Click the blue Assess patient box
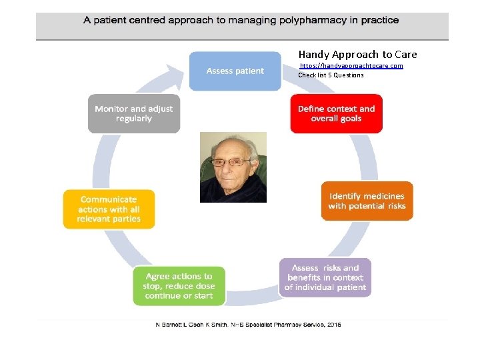pyautogui.click(x=235, y=71)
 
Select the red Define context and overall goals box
pyautogui.click(x=336, y=114)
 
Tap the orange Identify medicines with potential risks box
pyautogui.click(x=367, y=201)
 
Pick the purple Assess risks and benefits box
pyautogui.click(x=325, y=277)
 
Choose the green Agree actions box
pyautogui.click(x=179, y=285)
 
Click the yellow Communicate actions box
pyautogui.click(x=109, y=209)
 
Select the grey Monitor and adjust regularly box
pyautogui.click(x=133, y=113)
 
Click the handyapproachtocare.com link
pyautogui.click(x=351, y=66)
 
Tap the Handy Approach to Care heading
pyautogui.click(x=357, y=54)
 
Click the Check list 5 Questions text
pyautogui.click(x=331, y=75)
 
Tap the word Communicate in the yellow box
pyautogui.click(x=109, y=199)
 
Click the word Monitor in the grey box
pyautogui.click(x=111, y=109)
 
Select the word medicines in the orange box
pyautogui.click(x=384, y=196)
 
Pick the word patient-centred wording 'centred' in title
pyautogui.click(x=142, y=20)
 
